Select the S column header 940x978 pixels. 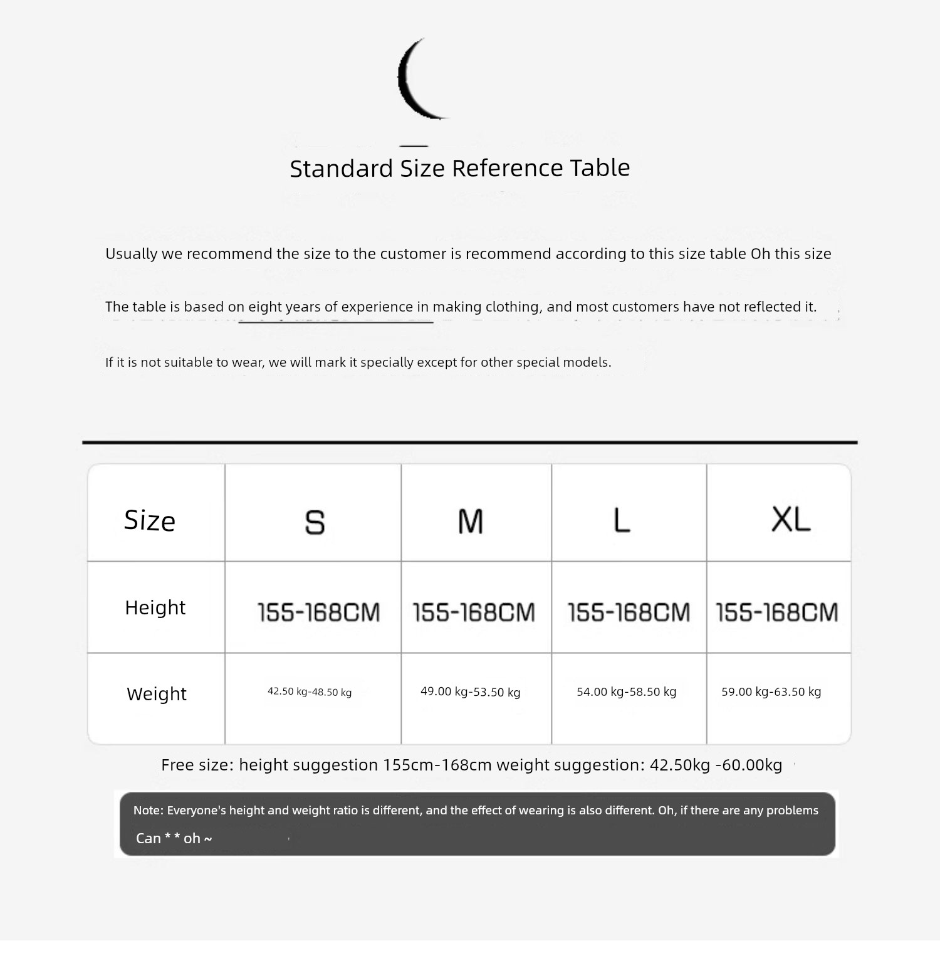(315, 522)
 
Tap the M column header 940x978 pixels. (471, 521)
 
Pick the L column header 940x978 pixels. (622, 520)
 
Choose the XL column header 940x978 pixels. (791, 520)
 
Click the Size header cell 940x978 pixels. (150, 520)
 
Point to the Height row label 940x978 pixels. (155, 607)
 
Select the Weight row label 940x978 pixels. (157, 694)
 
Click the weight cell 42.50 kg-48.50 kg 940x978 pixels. (310, 691)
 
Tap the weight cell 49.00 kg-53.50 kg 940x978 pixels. (471, 691)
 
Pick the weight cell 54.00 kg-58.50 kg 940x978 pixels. (627, 691)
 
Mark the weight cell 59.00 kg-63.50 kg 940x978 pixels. (771, 691)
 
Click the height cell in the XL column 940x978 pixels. (777, 612)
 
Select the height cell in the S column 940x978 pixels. (319, 612)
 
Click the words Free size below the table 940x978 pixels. (197, 765)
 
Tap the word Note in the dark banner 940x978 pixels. (147, 811)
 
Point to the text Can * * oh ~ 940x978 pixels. (174, 839)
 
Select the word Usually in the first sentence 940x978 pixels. (131, 254)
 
